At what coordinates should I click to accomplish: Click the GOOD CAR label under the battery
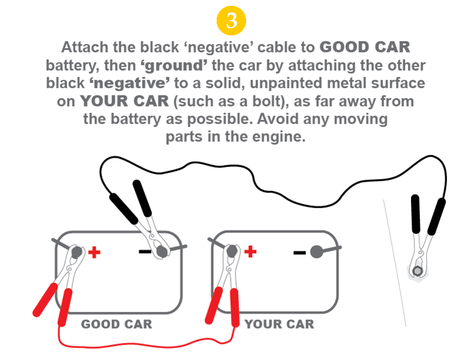[116, 324]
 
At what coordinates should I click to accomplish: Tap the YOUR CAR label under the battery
[279, 324]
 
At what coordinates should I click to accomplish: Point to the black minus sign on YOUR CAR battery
[299, 253]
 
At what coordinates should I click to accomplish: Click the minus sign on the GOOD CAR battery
[144, 252]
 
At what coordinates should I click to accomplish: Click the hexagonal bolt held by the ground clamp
[417, 271]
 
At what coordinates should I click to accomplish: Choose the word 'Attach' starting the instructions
[84, 46]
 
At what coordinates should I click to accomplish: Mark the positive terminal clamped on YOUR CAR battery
[232, 251]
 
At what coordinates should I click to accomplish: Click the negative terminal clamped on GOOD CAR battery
[161, 252]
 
